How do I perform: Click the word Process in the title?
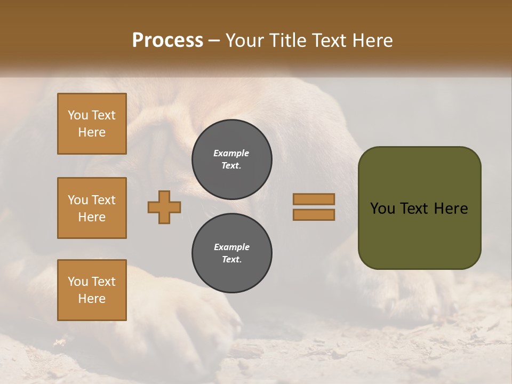coord(167,41)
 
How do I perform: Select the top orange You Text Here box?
coord(92,124)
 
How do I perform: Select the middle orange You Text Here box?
coord(92,208)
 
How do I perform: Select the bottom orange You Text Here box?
coord(92,290)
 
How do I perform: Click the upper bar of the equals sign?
coord(314,199)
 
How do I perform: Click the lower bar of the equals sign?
coord(314,214)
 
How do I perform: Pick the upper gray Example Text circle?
coord(231,159)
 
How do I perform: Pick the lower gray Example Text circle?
coord(231,253)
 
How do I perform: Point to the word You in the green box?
coord(382,209)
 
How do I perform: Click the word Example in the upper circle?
coord(231,153)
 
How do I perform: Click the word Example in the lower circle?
coord(231,247)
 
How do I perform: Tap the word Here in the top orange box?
coord(92,132)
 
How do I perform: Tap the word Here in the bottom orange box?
coord(92,299)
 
